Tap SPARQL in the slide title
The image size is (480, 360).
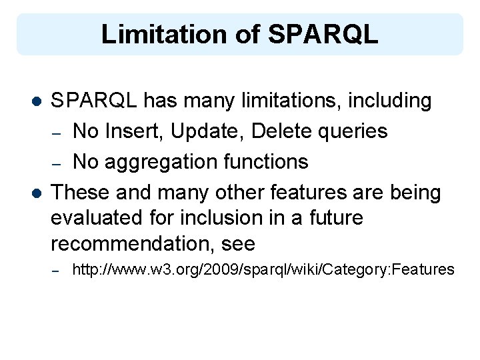tap(323, 35)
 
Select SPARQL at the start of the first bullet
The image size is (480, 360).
tap(95, 101)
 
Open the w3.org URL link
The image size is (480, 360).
tap(263, 270)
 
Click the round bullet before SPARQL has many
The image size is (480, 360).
tap(37, 102)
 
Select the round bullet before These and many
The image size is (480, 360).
tap(37, 193)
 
